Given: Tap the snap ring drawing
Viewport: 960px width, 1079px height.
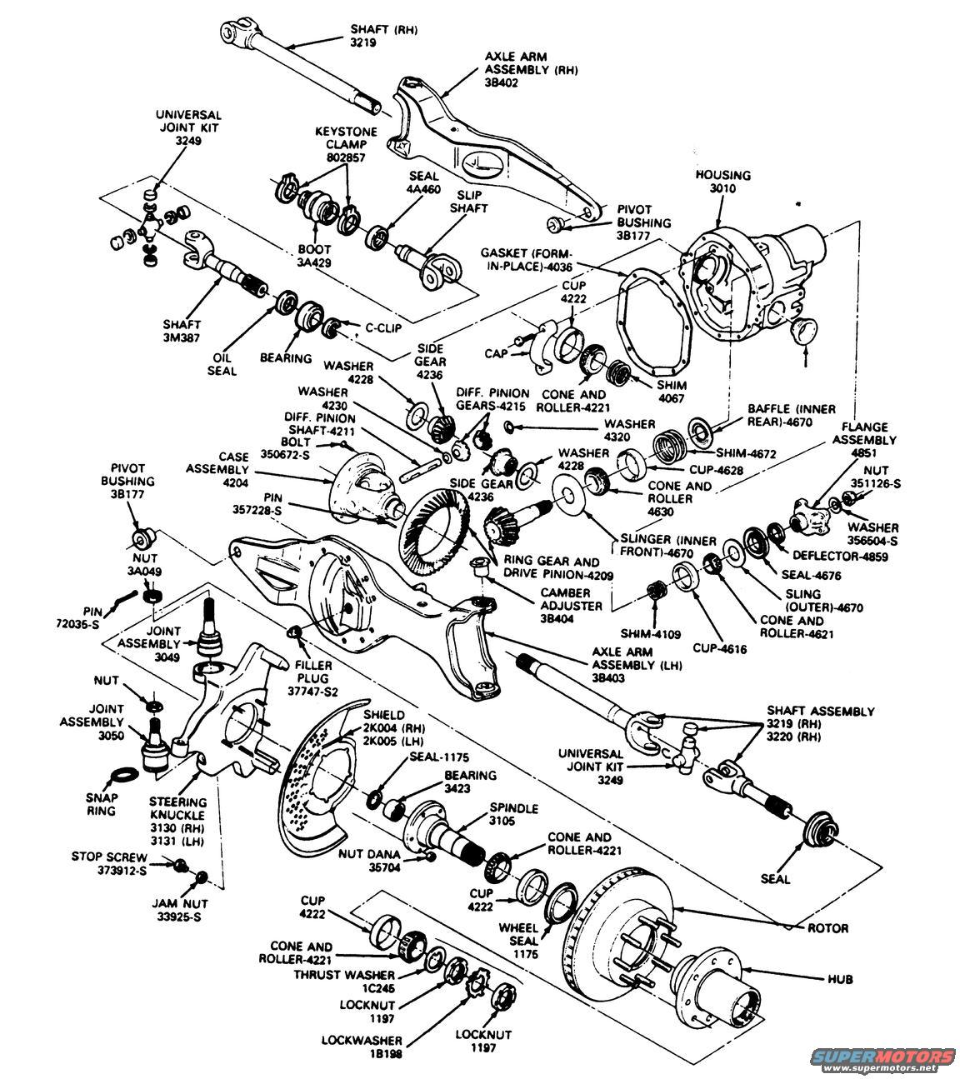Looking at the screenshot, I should point(123,773).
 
